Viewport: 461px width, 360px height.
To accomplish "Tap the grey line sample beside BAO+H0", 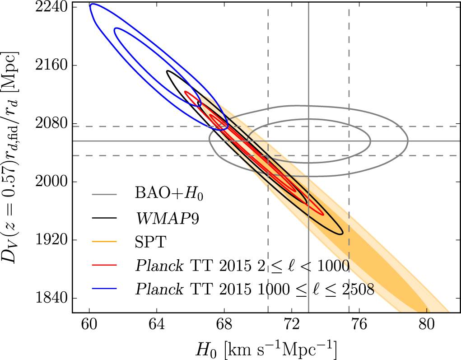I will pos(104,195).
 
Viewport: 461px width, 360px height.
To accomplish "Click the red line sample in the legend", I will pos(104,266).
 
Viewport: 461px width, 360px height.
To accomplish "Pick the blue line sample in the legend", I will pos(104,289).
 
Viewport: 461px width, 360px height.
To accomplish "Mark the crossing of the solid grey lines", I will pos(308,141).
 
